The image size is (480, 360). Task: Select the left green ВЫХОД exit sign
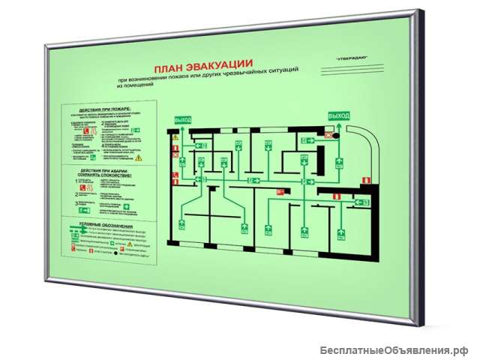(x=182, y=120)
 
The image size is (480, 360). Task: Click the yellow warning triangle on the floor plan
(x=175, y=138)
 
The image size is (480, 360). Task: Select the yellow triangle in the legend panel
(x=129, y=244)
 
